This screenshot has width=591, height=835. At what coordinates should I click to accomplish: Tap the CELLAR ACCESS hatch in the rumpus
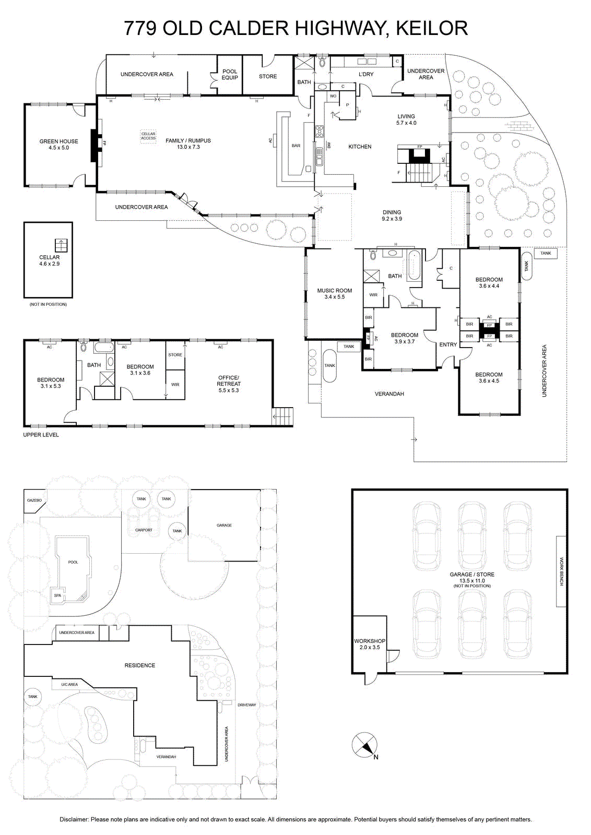pyautogui.click(x=148, y=136)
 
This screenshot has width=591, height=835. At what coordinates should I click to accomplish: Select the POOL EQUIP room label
pyautogui.click(x=230, y=74)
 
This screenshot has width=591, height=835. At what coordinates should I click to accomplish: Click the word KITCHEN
pyautogui.click(x=360, y=147)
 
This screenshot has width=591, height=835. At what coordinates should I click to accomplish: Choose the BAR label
pyautogui.click(x=296, y=146)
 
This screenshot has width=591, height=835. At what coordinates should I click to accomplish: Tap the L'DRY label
pyautogui.click(x=366, y=74)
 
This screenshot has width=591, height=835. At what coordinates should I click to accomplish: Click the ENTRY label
pyautogui.click(x=448, y=345)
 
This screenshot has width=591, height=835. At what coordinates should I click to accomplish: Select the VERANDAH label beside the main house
pyautogui.click(x=389, y=393)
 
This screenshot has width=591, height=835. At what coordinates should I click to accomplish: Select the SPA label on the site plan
pyautogui.click(x=57, y=595)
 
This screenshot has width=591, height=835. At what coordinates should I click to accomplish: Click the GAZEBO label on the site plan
pyautogui.click(x=34, y=500)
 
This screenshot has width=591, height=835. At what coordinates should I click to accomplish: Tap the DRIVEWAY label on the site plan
pyautogui.click(x=247, y=705)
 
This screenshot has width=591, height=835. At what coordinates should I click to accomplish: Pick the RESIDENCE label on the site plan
pyautogui.click(x=140, y=665)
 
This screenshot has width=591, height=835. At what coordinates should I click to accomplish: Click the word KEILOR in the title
pyautogui.click(x=431, y=28)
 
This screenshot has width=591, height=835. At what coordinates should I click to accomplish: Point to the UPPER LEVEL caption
pyautogui.click(x=41, y=435)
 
